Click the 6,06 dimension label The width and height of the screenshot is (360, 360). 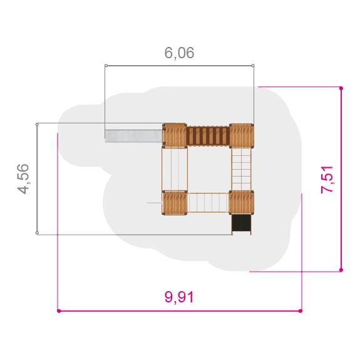point(179,53)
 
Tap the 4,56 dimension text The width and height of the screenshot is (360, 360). point(23,179)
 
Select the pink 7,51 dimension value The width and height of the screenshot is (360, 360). point(327,180)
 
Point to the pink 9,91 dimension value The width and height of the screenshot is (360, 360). point(179,297)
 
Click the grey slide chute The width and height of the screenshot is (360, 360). point(133,136)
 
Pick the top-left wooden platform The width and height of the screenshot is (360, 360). point(175,135)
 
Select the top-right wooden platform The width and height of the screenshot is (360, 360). point(242,135)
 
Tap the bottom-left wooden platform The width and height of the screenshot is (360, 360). point(175,203)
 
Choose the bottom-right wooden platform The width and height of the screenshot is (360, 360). point(241,202)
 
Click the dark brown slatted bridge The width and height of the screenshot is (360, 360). point(208,136)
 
